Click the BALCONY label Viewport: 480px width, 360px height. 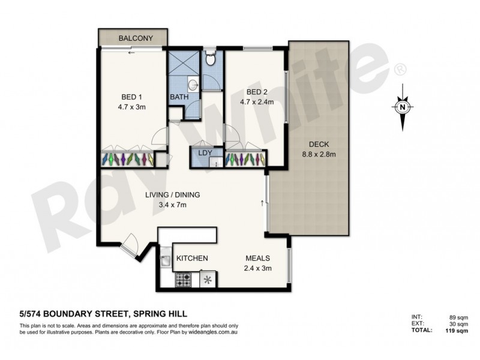(134, 38)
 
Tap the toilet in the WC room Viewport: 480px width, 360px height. (210, 59)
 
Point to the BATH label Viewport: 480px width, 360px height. (179, 97)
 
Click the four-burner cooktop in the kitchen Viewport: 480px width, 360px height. (183, 279)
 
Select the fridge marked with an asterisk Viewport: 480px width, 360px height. (209, 279)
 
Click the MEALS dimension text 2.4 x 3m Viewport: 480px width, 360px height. (258, 268)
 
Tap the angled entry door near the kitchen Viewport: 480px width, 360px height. (129, 244)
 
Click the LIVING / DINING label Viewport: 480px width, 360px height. (172, 195)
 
